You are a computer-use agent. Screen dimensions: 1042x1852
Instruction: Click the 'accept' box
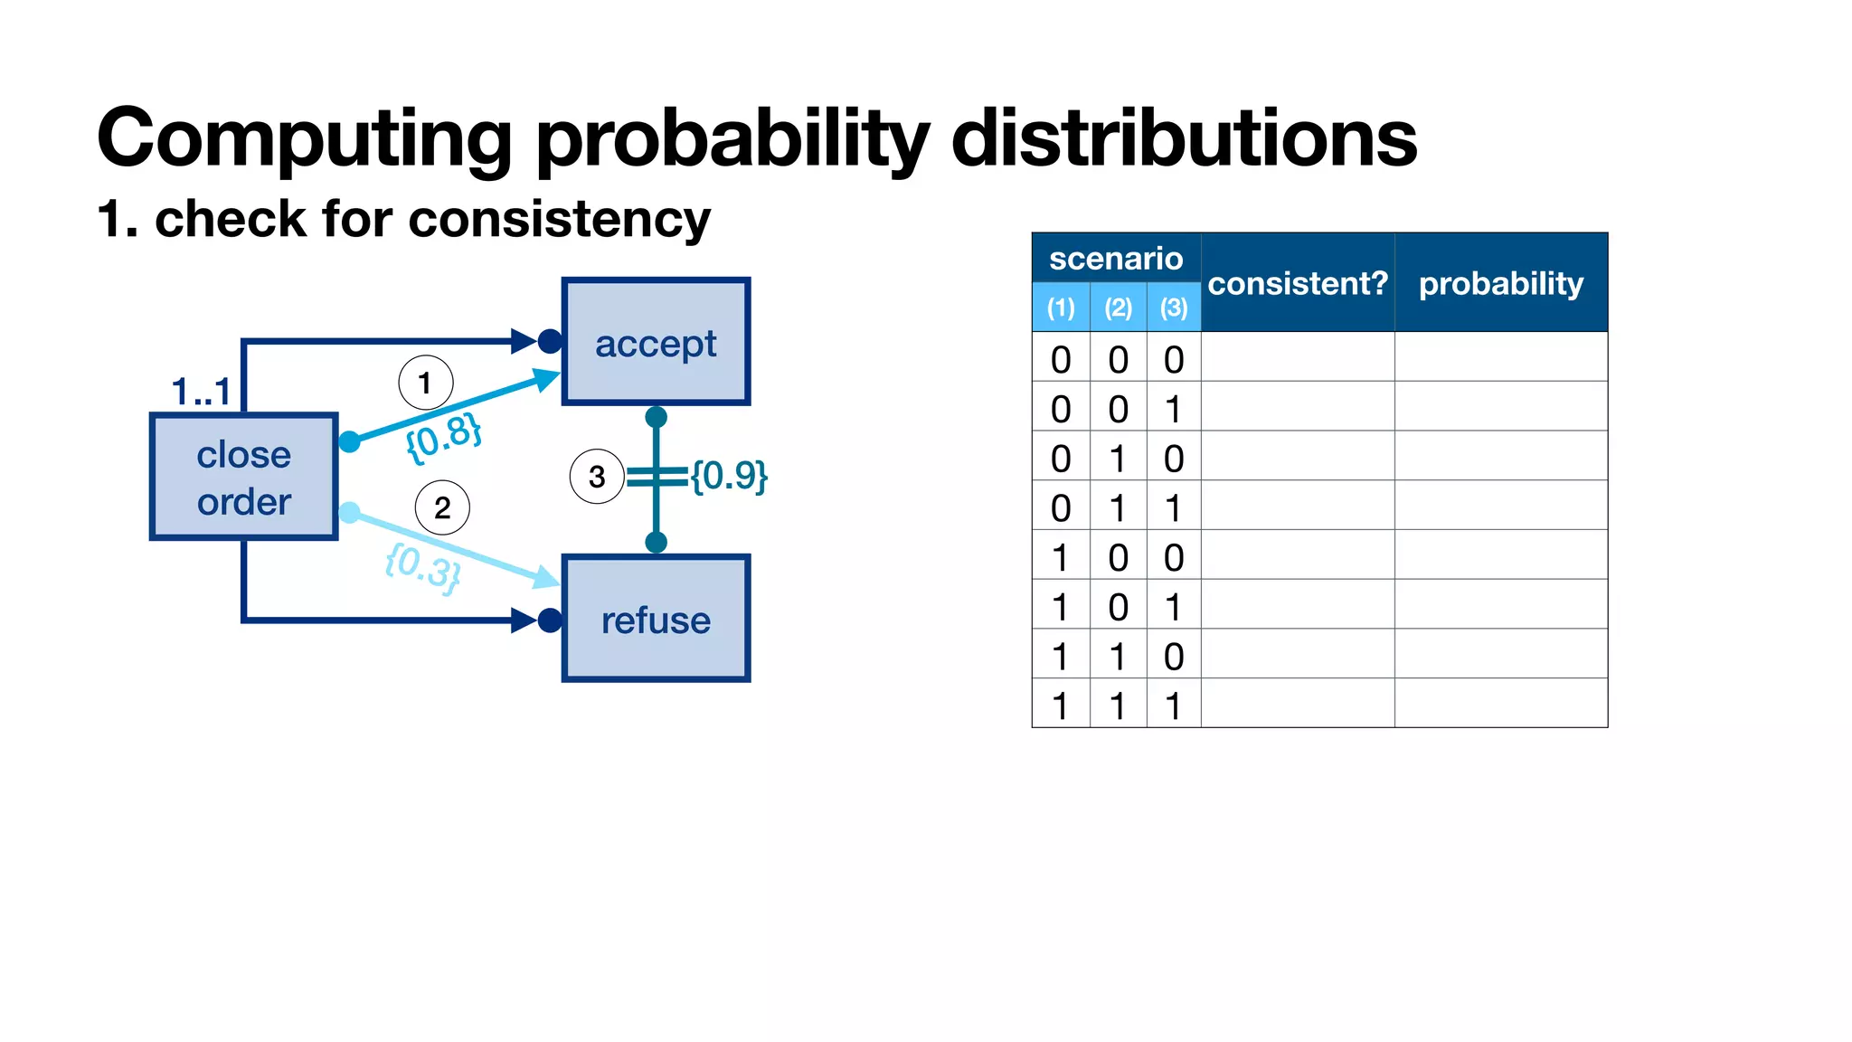(x=656, y=342)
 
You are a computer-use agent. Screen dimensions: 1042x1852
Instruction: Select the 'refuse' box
(x=656, y=620)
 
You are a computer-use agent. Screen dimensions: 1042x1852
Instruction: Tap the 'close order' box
(x=243, y=478)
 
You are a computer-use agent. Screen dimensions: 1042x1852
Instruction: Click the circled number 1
(x=425, y=383)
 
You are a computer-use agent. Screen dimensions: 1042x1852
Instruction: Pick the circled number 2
(x=442, y=507)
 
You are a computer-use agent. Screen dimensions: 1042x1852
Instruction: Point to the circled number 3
(x=597, y=476)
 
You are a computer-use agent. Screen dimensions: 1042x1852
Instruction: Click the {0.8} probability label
(x=443, y=438)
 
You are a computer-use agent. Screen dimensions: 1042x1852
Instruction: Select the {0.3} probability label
(x=422, y=567)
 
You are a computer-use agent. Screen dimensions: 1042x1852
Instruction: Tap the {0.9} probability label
(x=729, y=475)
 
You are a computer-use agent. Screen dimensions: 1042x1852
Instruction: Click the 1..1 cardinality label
(x=201, y=392)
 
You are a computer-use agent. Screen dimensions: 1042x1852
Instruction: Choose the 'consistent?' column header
(x=1297, y=283)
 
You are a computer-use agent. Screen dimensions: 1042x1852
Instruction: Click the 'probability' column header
(x=1500, y=283)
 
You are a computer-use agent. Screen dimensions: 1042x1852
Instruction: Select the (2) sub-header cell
(x=1118, y=308)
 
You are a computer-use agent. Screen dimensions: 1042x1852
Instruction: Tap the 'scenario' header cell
(x=1116, y=259)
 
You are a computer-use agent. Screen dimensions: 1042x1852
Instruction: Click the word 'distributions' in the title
(x=1184, y=137)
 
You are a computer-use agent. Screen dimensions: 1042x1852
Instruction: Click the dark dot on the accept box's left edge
(x=550, y=341)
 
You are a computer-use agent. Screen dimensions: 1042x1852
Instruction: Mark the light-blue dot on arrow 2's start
(x=349, y=513)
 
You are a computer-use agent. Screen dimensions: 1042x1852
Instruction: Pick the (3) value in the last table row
(x=1173, y=706)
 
